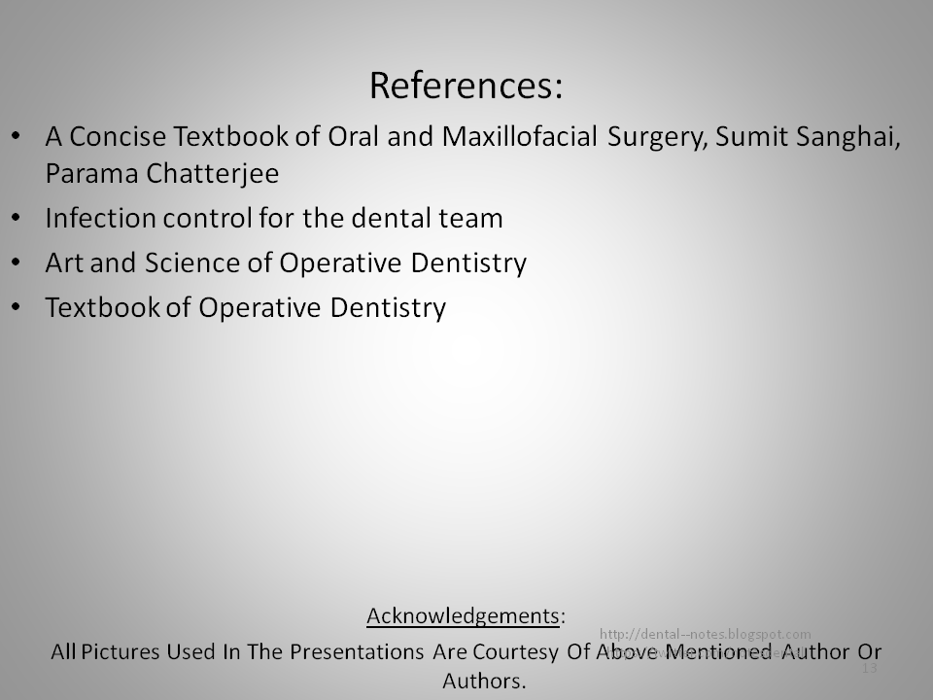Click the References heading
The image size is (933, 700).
(466, 87)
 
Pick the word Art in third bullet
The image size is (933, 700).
(62, 263)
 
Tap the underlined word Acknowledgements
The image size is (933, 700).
(463, 615)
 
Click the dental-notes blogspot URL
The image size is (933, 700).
(706, 634)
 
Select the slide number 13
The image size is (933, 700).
(869, 669)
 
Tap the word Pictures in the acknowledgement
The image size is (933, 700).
(114, 650)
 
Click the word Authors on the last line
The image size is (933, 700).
(483, 681)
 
